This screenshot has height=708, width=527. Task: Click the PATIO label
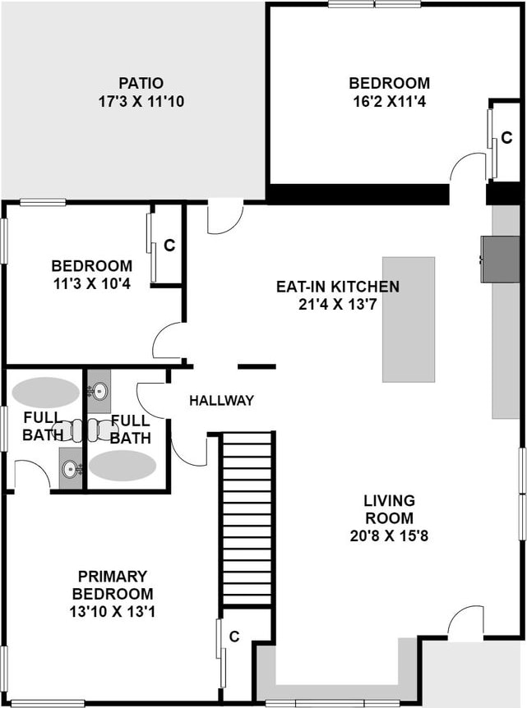click(141, 83)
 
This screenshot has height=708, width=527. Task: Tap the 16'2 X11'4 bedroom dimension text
click(389, 101)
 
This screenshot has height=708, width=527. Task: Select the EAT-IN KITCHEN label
click(338, 287)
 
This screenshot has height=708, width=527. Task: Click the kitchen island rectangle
click(409, 320)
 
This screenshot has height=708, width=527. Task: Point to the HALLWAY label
click(221, 401)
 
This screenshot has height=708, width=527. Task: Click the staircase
click(247, 518)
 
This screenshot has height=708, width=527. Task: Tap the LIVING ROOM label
click(389, 509)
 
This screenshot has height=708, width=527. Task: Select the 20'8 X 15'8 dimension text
click(389, 536)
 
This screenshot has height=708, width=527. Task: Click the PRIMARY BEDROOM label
click(113, 585)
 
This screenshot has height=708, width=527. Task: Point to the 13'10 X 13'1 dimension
click(113, 612)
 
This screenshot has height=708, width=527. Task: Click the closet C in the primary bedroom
click(234, 637)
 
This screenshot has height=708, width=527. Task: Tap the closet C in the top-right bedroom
click(506, 137)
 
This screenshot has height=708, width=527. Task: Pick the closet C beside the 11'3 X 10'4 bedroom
click(169, 246)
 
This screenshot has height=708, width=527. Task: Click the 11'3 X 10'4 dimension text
click(92, 284)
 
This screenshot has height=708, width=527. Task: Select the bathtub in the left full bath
click(46, 393)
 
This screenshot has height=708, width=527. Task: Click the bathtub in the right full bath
click(123, 466)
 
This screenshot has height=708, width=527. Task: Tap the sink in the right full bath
click(99, 391)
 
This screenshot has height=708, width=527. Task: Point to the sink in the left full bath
click(71, 468)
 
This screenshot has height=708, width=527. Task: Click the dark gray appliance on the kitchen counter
click(500, 260)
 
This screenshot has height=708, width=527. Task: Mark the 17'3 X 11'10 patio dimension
click(141, 101)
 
